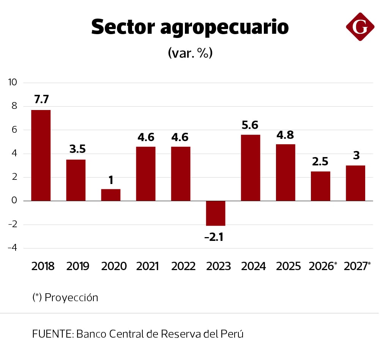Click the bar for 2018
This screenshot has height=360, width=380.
(41, 155)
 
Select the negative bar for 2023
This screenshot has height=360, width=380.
(216, 213)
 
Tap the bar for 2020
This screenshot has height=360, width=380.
(111, 195)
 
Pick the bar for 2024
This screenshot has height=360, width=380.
(251, 168)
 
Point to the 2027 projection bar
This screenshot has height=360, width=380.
(355, 183)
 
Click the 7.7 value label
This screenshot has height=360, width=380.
(41, 100)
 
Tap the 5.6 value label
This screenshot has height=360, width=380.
(251, 125)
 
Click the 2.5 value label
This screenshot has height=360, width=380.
(320, 162)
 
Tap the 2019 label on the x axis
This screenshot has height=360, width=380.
(78, 266)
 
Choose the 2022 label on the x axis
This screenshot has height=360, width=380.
(183, 266)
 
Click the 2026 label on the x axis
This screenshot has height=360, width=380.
(321, 266)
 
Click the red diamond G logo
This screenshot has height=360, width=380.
(360, 27)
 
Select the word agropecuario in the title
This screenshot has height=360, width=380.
(224, 28)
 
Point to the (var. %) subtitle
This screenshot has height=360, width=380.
(190, 53)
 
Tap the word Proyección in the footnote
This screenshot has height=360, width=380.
(71, 297)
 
